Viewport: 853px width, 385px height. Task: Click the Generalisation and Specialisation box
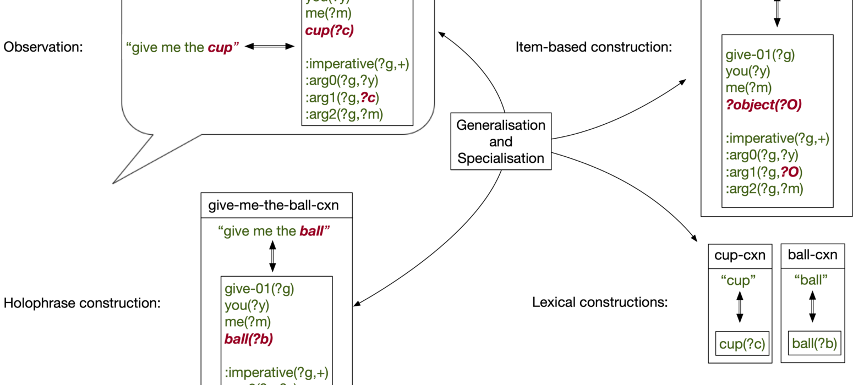pos(501,142)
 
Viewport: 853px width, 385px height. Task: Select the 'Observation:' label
pos(43,47)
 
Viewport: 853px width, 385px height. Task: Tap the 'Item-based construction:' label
pos(594,47)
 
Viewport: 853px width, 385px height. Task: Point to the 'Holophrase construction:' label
pos(82,302)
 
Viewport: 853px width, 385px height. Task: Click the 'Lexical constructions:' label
pos(599,302)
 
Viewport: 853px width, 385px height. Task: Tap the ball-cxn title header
pos(812,255)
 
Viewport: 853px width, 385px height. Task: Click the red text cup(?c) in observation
pos(329,30)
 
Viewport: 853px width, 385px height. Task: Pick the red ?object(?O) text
pos(763,105)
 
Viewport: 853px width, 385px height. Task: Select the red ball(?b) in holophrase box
pos(249,338)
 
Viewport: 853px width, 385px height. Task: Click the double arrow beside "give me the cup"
pos(270,47)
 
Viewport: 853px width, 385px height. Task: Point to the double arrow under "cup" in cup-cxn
pos(740,306)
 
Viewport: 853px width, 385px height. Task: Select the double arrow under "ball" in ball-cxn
pos(812,306)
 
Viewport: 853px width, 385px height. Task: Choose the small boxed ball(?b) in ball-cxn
pos(812,344)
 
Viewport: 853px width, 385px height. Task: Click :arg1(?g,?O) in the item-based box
pos(763,172)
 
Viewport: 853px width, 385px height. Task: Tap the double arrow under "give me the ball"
pos(272,256)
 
